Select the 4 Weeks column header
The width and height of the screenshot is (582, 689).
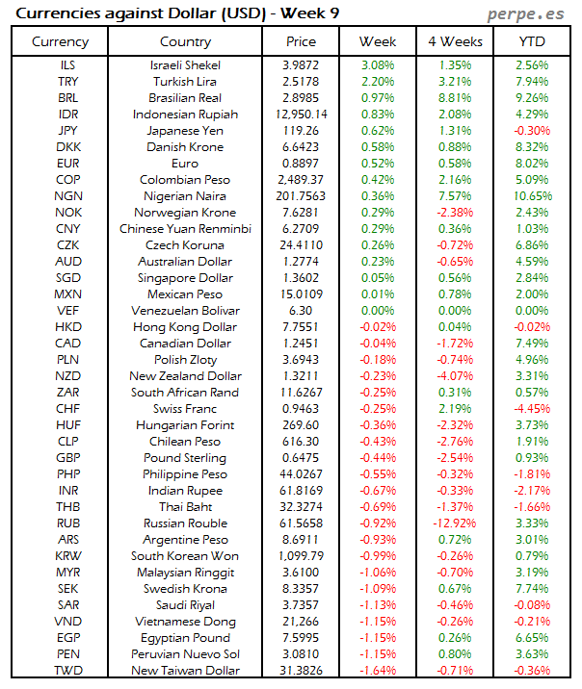pyautogui.click(x=454, y=41)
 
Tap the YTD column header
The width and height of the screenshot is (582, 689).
pyautogui.click(x=531, y=41)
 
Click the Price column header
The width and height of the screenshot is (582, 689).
pyautogui.click(x=301, y=41)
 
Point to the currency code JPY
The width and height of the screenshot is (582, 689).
pyautogui.click(x=67, y=131)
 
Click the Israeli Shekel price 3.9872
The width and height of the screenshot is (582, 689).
pyautogui.click(x=301, y=65)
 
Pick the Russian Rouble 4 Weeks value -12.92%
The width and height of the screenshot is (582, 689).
pyautogui.click(x=454, y=523)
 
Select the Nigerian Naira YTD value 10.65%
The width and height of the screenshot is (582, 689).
pyautogui.click(x=532, y=196)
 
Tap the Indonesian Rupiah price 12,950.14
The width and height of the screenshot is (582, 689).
pyautogui.click(x=301, y=115)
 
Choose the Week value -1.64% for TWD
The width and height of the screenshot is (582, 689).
pyautogui.click(x=378, y=671)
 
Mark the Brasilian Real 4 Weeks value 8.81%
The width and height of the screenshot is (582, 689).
pyautogui.click(x=454, y=98)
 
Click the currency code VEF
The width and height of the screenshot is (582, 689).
pyautogui.click(x=67, y=311)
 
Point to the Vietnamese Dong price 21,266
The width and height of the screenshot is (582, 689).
pyautogui.click(x=301, y=622)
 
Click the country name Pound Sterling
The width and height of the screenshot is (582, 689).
pyautogui.click(x=185, y=458)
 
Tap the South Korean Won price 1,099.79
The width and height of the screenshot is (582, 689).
pyautogui.click(x=301, y=556)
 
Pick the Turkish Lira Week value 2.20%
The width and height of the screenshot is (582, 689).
pyautogui.click(x=378, y=82)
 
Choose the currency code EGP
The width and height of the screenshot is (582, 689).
pyautogui.click(x=67, y=638)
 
